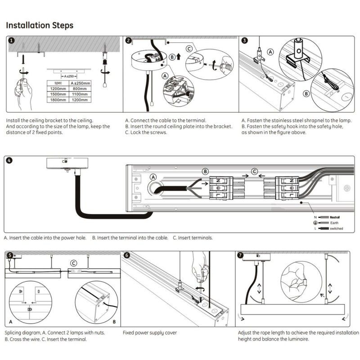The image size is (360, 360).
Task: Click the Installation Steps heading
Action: point(40,25)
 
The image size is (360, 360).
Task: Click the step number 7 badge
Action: point(241,255)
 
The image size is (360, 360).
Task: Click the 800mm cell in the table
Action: point(80,89)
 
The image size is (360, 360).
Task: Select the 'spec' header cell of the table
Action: point(58,83)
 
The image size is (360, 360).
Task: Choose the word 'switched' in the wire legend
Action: point(336,229)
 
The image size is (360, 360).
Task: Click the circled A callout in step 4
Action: point(153,178)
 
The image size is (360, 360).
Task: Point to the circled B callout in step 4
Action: point(205,171)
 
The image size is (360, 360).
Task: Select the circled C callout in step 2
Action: point(189,49)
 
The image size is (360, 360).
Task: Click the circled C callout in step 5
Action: point(74,263)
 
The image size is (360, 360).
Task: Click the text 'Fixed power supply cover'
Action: point(150,333)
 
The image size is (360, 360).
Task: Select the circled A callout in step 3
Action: point(270,52)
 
